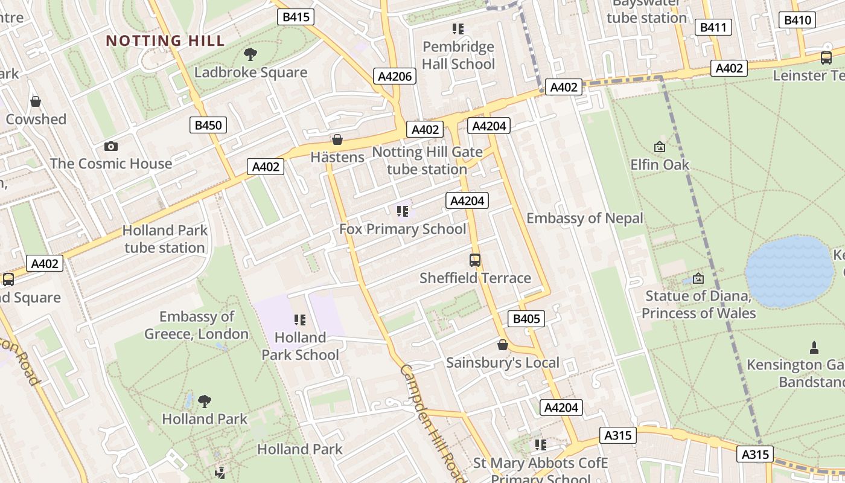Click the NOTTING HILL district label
pyautogui.click(x=165, y=41)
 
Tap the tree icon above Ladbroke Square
pyautogui.click(x=250, y=54)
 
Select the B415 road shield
pyautogui.click(x=296, y=17)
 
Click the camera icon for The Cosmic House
pyautogui.click(x=110, y=146)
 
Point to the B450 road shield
pyautogui.click(x=208, y=126)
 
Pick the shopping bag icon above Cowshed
pyautogui.click(x=36, y=101)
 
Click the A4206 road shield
pyautogui.click(x=395, y=76)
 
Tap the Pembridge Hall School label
pyautogui.click(x=458, y=56)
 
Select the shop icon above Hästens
pyautogui.click(x=337, y=140)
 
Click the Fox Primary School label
pyautogui.click(x=403, y=229)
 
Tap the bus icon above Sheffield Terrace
pyautogui.click(x=475, y=260)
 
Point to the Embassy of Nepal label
pyautogui.click(x=585, y=218)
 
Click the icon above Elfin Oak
pyautogui.click(x=660, y=147)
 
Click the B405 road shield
pyautogui.click(x=526, y=319)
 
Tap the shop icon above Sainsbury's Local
pyautogui.click(x=502, y=345)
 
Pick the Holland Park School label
pyautogui.click(x=300, y=346)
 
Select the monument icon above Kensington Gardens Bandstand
pyautogui.click(x=814, y=348)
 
